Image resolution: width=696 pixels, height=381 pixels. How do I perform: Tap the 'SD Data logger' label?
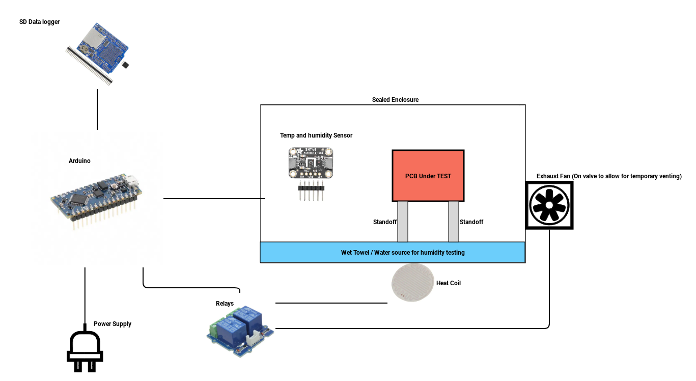click(x=39, y=22)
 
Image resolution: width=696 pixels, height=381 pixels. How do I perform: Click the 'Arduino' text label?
click(x=79, y=161)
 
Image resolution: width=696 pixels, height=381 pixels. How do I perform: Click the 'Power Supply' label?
click(x=113, y=324)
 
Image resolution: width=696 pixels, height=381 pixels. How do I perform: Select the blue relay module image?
click(x=239, y=325)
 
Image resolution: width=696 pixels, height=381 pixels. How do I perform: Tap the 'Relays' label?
click(x=225, y=304)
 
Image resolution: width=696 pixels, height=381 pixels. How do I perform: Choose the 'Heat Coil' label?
click(x=449, y=283)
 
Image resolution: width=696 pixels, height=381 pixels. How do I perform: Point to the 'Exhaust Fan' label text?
click(x=609, y=176)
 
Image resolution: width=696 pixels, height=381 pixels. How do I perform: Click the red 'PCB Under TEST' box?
click(x=428, y=176)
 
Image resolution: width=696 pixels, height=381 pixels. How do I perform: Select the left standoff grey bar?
click(x=403, y=222)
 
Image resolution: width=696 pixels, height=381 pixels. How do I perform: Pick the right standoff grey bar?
click(x=454, y=222)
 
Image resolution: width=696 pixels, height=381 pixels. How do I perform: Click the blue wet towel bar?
click(x=393, y=252)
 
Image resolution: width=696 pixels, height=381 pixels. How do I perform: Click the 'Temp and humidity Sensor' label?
click(x=316, y=135)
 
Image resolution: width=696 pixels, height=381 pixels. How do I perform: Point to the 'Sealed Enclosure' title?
click(x=395, y=100)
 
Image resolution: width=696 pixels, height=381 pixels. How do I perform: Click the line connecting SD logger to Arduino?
click(x=97, y=110)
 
